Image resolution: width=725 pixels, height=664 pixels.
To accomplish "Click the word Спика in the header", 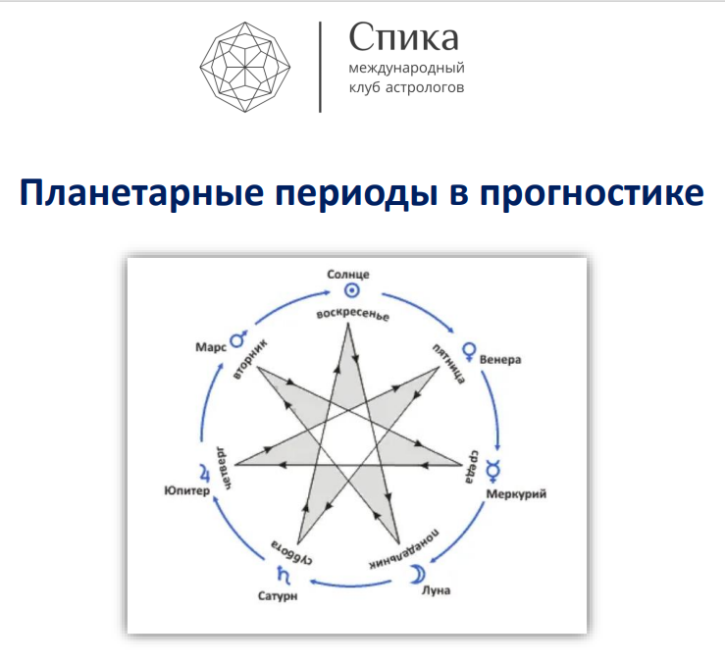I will click(404, 38).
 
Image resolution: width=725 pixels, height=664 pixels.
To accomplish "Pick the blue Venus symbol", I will click(470, 348).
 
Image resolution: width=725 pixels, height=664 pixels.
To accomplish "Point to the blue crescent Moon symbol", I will click(418, 572).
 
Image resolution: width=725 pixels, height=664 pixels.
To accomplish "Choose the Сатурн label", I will click(280, 594).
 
